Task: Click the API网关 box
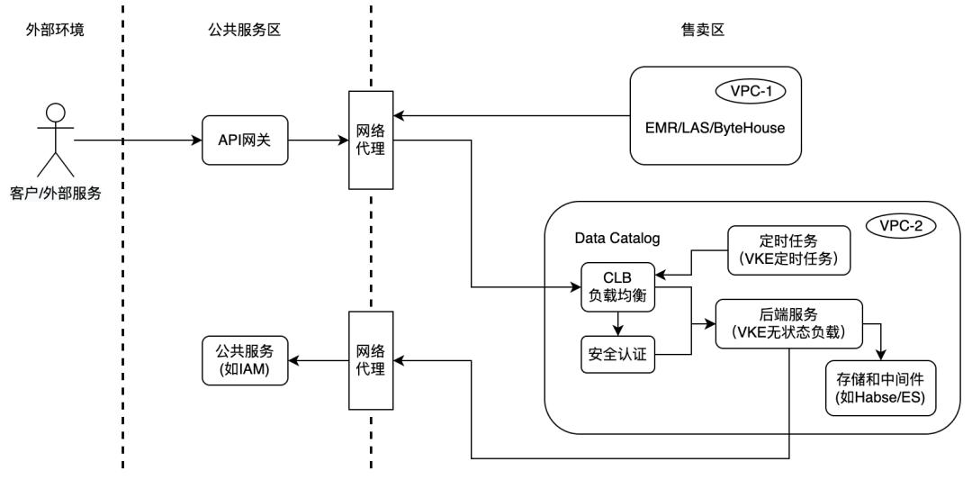point(245,141)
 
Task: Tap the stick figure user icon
point(56,140)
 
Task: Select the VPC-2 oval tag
point(899,225)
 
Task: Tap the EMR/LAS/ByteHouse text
point(714,128)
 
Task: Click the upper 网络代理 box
point(372,140)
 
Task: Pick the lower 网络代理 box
point(372,359)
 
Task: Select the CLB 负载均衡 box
point(616,287)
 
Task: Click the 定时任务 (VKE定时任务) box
point(788,249)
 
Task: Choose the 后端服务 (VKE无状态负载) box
point(788,322)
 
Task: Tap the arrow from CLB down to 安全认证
point(616,323)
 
